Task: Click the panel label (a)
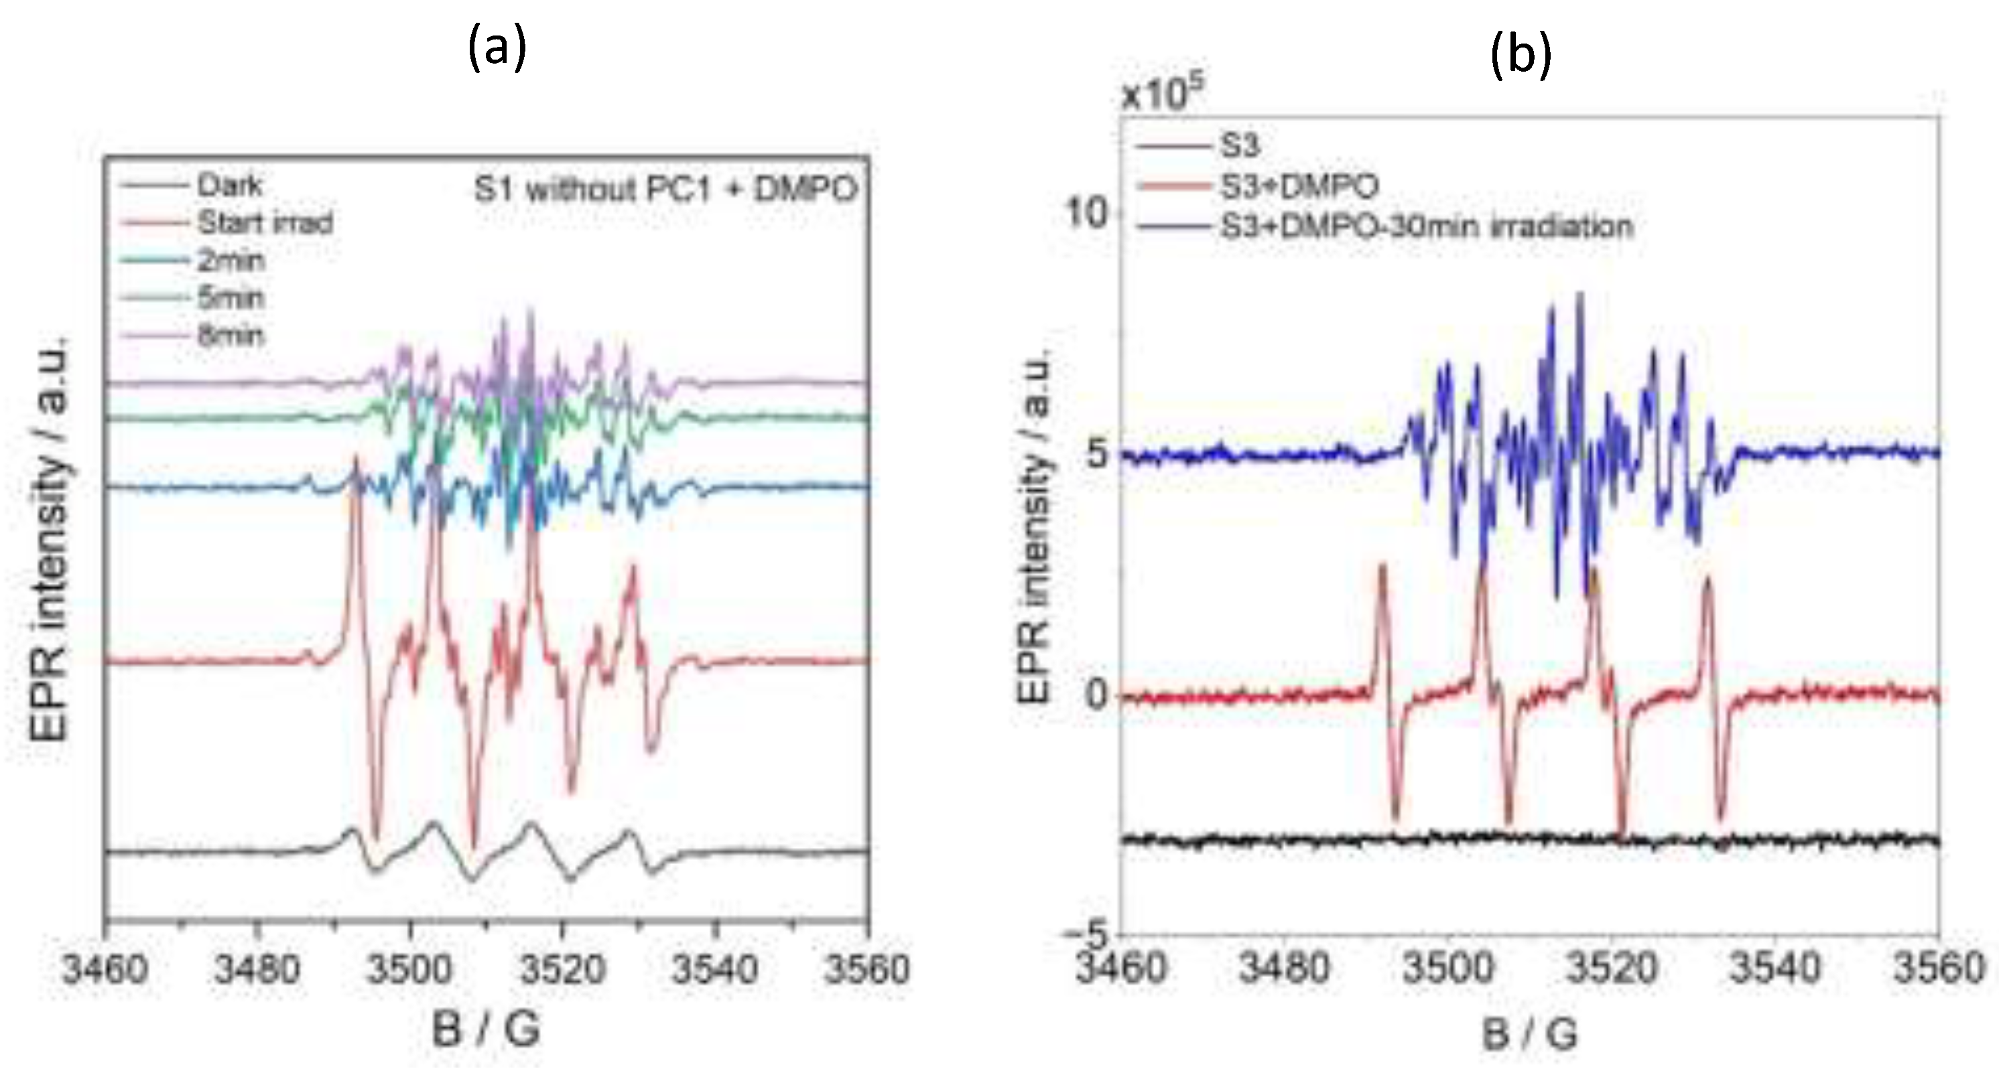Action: (x=497, y=48)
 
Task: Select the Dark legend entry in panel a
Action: (x=230, y=186)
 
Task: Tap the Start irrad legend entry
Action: (x=265, y=222)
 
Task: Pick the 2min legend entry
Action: (x=231, y=260)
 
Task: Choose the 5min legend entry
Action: (x=231, y=297)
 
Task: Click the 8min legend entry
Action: (x=231, y=335)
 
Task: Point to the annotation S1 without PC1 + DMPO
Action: (x=666, y=188)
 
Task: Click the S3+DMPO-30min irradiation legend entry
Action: (x=1426, y=226)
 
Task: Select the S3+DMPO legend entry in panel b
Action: (x=1300, y=186)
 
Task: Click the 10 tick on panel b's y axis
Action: (x=1089, y=212)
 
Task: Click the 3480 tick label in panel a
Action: (x=257, y=969)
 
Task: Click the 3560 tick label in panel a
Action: (x=866, y=969)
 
